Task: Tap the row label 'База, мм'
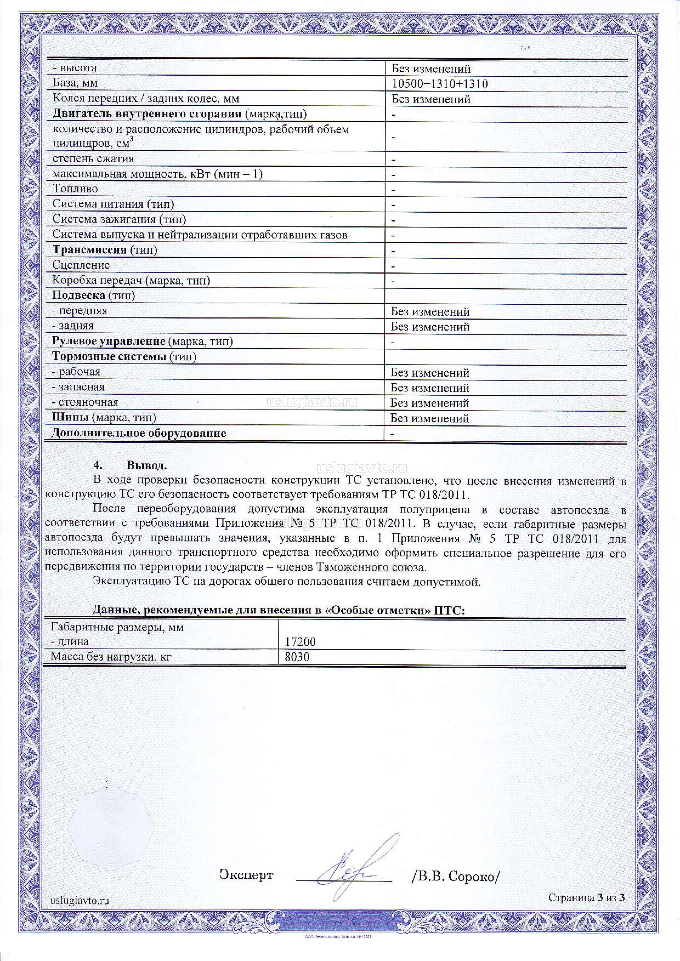pyautogui.click(x=75, y=83)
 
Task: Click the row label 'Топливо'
pyautogui.click(x=75, y=189)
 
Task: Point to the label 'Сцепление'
pyautogui.click(x=81, y=265)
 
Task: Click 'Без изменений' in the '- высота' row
pyautogui.click(x=431, y=69)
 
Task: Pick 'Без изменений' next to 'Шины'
pyautogui.click(x=430, y=418)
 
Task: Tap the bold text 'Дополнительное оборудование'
pyautogui.click(x=138, y=433)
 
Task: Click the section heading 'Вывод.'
pyautogui.click(x=146, y=465)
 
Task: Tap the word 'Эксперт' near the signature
pyautogui.click(x=246, y=874)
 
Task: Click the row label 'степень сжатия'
pyautogui.click(x=93, y=159)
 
